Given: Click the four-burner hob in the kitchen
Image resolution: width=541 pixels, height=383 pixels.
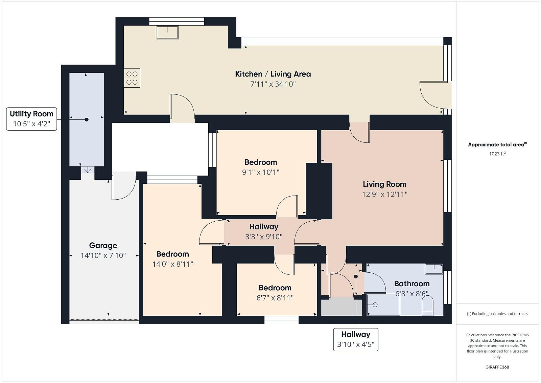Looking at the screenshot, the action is [132, 78].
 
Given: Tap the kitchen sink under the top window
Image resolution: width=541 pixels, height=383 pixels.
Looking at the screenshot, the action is [167, 32].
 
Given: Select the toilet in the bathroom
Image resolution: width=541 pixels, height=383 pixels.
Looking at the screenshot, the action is [427, 306].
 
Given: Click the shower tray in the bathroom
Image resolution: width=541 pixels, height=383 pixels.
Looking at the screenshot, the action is [383, 305].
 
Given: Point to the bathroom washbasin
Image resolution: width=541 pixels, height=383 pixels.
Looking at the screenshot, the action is [434, 269].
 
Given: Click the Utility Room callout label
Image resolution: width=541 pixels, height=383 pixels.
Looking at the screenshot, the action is [32, 119].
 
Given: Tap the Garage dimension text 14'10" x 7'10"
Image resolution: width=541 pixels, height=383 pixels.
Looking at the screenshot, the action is [103, 255].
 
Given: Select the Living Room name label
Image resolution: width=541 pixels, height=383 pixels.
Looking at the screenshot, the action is [384, 184].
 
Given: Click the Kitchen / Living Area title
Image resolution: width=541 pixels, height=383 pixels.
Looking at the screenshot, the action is [273, 74].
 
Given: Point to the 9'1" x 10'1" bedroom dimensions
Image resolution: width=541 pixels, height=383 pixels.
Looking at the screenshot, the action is [261, 172].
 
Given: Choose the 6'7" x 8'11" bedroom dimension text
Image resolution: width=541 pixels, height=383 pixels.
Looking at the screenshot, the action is [275, 298].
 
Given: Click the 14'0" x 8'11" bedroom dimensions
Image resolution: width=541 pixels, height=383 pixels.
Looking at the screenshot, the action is [173, 264].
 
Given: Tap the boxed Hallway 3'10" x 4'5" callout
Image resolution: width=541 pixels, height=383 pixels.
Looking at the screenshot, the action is [356, 339].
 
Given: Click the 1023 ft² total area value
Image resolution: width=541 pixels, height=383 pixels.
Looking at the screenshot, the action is [497, 154].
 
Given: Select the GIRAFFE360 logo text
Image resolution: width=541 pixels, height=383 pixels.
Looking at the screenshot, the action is [497, 367].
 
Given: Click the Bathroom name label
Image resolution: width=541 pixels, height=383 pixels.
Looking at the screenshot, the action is [412, 284].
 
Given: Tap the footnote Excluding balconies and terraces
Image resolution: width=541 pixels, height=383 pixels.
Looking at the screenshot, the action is [497, 314].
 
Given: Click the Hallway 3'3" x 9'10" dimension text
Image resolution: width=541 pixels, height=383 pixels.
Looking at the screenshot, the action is [264, 236].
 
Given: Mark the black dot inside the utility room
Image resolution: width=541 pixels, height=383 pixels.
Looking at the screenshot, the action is [87, 120].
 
